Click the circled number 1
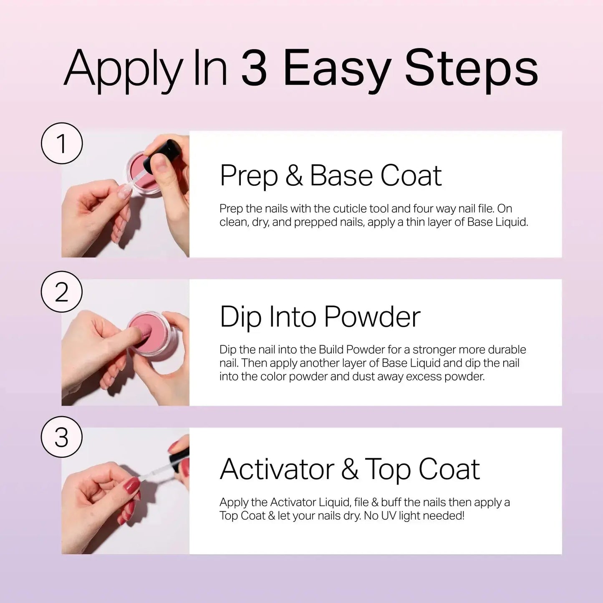(x=62, y=143)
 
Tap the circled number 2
(x=62, y=292)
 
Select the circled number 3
(x=62, y=437)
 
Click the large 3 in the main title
(x=254, y=68)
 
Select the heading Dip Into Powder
(x=320, y=317)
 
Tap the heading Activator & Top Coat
(x=350, y=469)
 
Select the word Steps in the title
(x=471, y=69)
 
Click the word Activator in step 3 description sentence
(x=294, y=502)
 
